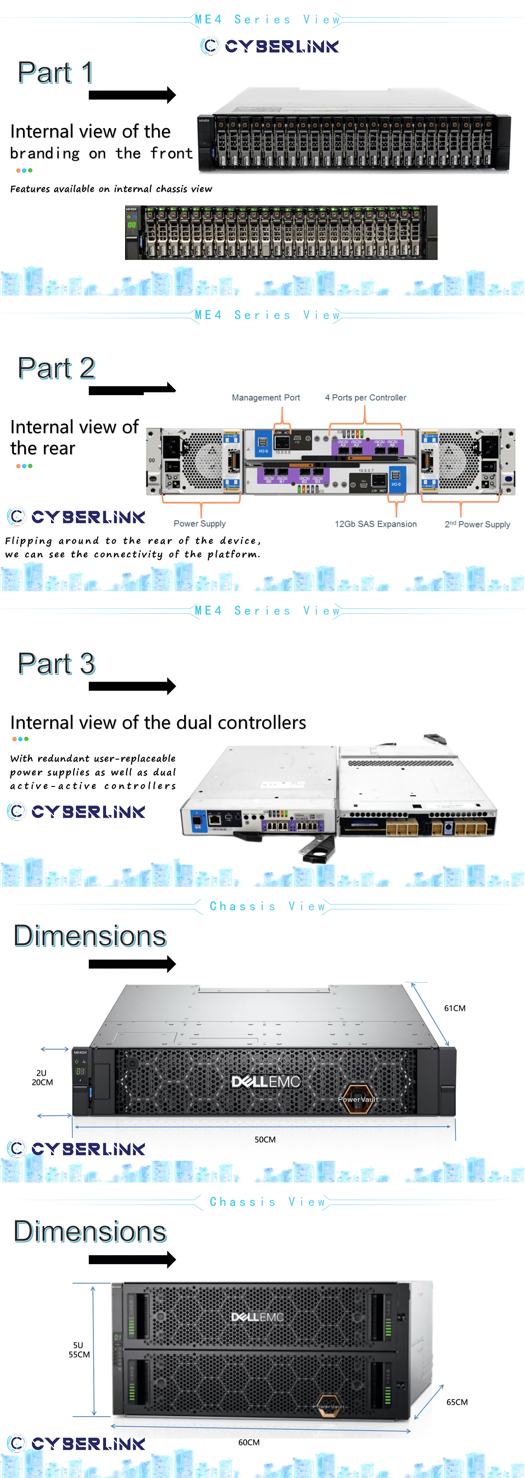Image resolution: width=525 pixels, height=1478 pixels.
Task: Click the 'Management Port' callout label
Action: coord(265,398)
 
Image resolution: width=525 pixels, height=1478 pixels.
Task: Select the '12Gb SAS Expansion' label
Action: coord(375,524)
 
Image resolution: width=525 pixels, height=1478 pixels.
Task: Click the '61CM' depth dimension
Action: coord(454,1008)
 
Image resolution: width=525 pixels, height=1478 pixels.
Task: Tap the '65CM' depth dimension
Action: coord(457,1402)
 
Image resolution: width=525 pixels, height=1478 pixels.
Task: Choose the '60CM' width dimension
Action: coord(249,1442)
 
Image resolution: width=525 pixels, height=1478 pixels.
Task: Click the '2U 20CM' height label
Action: coord(42,1078)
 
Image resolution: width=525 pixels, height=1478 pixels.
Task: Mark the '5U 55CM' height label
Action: coord(79,1349)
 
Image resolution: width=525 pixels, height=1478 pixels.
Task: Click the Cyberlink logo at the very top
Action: coord(269,46)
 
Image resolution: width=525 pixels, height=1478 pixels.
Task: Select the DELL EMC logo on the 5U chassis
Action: coord(257,1317)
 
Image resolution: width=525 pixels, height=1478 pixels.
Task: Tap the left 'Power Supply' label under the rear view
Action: coord(200,523)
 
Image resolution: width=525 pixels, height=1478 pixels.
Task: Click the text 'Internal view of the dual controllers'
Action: coord(158,722)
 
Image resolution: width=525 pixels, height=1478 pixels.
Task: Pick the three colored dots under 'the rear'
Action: coord(24,466)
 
